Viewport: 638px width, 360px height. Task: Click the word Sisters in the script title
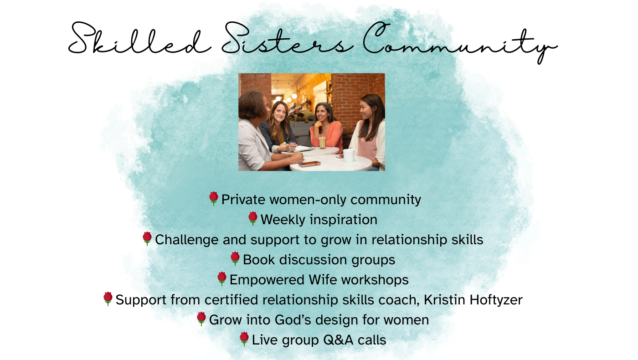tap(288, 38)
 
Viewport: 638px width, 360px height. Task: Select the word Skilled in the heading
tap(139, 38)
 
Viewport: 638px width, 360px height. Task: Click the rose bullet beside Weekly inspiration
tap(252, 219)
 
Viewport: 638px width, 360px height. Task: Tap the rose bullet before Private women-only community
tap(214, 199)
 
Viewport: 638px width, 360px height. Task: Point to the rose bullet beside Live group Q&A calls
tap(244, 339)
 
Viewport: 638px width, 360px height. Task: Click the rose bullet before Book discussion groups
tap(235, 259)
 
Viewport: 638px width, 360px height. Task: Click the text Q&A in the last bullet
tap(338, 340)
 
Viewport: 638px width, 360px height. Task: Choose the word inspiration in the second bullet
tap(344, 220)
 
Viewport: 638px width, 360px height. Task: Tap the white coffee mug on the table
tap(349, 155)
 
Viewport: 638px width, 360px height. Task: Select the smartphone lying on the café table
tap(309, 164)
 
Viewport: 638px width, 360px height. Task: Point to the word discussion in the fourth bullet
tap(313, 260)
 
